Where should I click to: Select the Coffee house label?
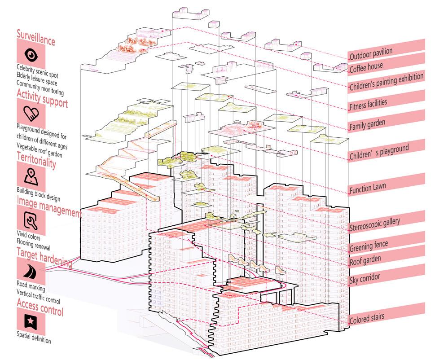coord(366,66)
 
